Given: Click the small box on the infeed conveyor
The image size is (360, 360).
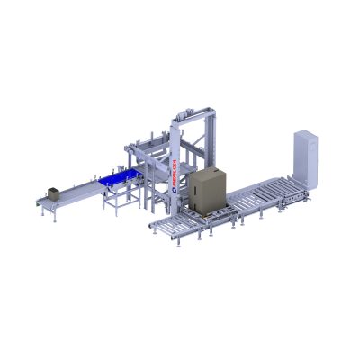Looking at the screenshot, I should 52,193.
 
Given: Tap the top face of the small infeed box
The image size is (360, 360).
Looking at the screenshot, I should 52,189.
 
